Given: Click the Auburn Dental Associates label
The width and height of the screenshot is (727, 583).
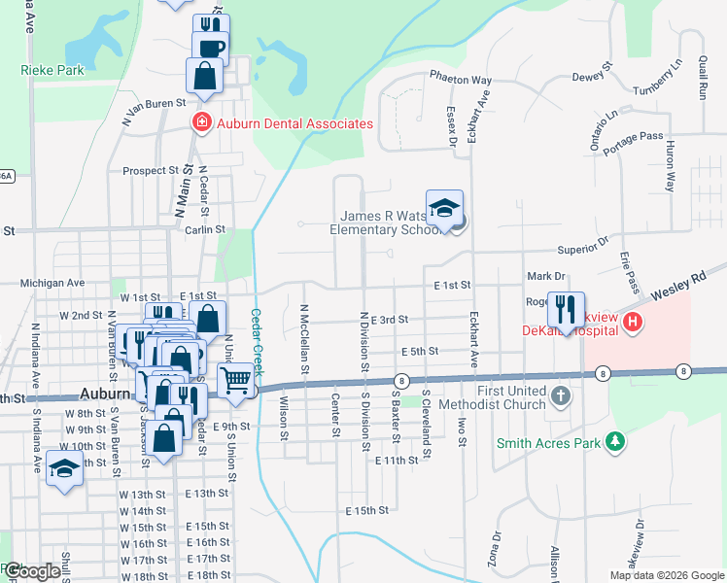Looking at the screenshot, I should pyautogui.click(x=294, y=123).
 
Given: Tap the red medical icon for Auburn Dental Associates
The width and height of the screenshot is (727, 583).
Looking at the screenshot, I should pyautogui.click(x=201, y=123).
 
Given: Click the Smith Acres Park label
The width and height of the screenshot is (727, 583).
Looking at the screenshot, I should pyautogui.click(x=549, y=443).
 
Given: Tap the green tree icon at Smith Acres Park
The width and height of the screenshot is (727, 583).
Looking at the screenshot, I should pyautogui.click(x=614, y=443).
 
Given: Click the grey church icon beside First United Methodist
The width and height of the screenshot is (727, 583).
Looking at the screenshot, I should pyautogui.click(x=561, y=396).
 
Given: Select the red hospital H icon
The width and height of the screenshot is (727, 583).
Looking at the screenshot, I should pyautogui.click(x=633, y=322).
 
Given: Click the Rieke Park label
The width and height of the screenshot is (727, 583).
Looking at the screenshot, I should pyautogui.click(x=52, y=70).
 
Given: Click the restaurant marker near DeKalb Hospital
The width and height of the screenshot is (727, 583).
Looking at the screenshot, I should pyautogui.click(x=566, y=310).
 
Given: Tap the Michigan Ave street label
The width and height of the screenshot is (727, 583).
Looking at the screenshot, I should pyautogui.click(x=53, y=283).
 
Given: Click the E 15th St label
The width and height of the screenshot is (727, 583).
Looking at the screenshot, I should pyautogui.click(x=366, y=510).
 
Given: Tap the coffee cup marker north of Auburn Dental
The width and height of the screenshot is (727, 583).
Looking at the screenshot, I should pyautogui.click(x=210, y=46).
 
